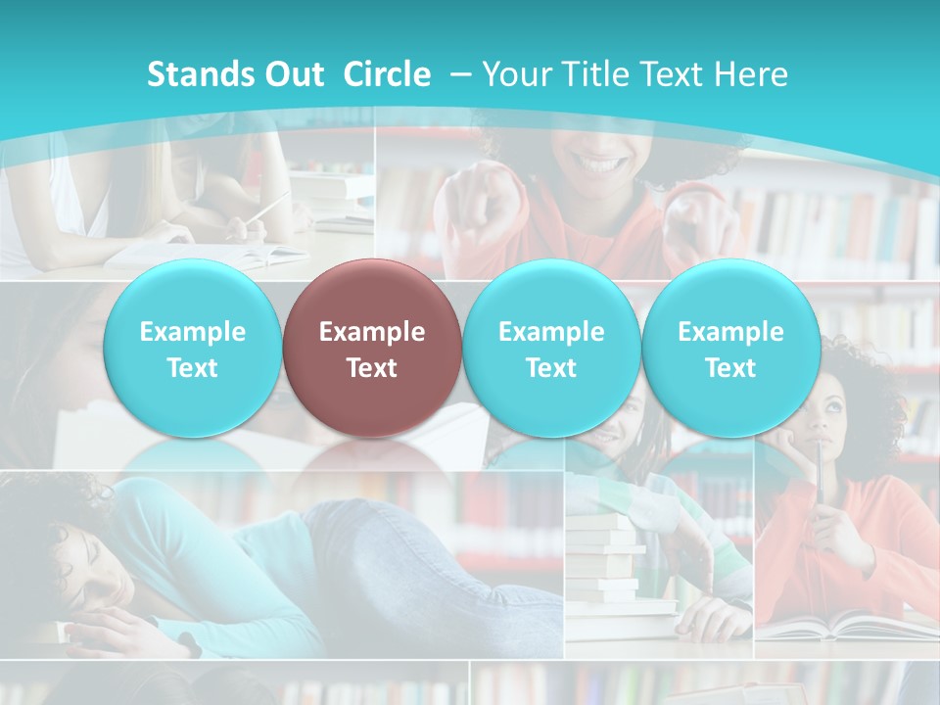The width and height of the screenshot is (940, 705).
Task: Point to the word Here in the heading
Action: pos(752,74)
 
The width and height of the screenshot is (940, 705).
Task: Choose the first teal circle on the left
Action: pos(192,349)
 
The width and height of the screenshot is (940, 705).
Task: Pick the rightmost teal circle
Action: pos(730,349)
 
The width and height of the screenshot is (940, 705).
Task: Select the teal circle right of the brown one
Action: pos(550,349)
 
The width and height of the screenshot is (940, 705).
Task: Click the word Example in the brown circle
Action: pos(371,332)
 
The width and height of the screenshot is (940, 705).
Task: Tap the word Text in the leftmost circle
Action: pos(192,368)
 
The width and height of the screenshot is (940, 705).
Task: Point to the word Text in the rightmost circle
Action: pos(730,368)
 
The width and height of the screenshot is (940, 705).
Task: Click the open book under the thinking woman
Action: pos(842,624)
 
